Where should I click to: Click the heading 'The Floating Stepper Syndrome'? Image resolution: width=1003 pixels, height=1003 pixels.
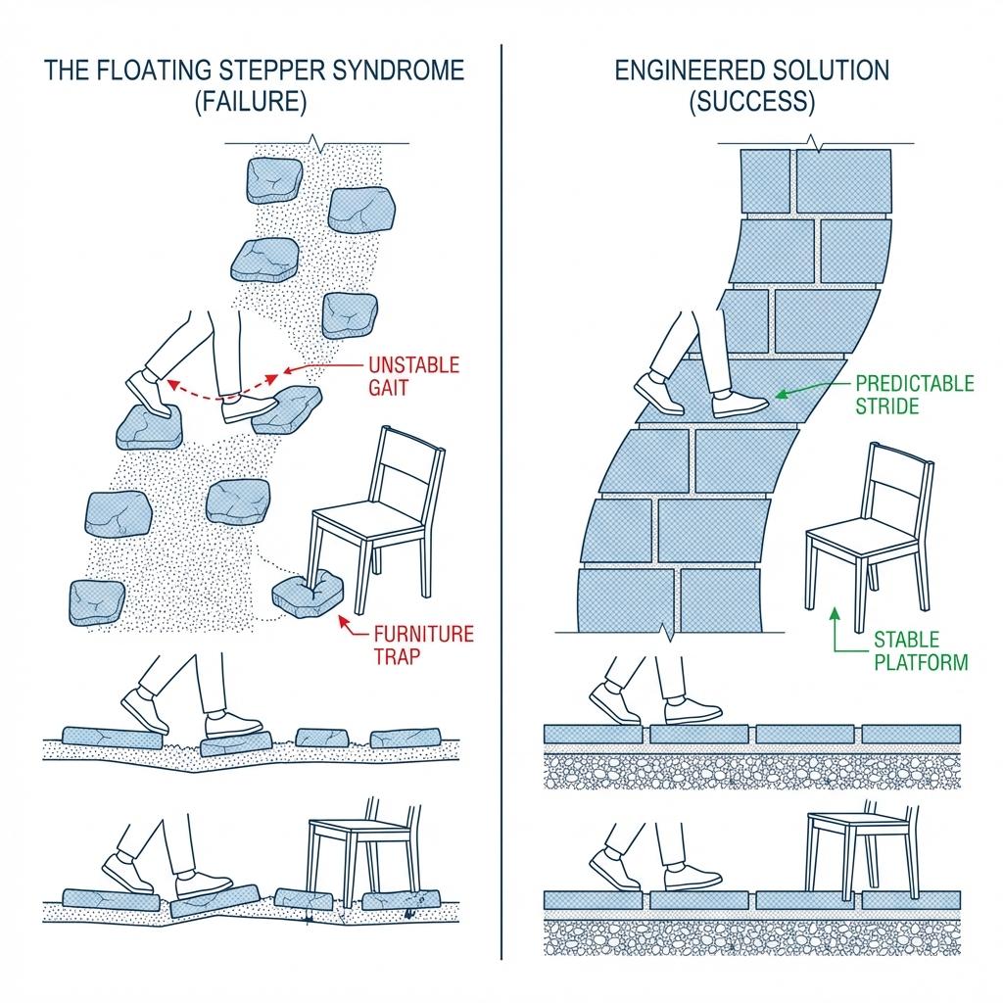(253, 71)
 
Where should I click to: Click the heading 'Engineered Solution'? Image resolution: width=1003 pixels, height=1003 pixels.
(752, 71)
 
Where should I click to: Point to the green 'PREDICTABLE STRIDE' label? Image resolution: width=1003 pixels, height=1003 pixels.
(915, 394)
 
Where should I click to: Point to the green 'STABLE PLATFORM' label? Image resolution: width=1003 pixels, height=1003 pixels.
(919, 651)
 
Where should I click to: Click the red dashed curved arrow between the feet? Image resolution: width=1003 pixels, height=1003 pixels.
(217, 392)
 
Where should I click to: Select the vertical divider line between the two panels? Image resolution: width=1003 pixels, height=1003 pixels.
(501, 490)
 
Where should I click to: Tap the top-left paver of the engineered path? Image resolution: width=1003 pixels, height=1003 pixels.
(766, 180)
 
